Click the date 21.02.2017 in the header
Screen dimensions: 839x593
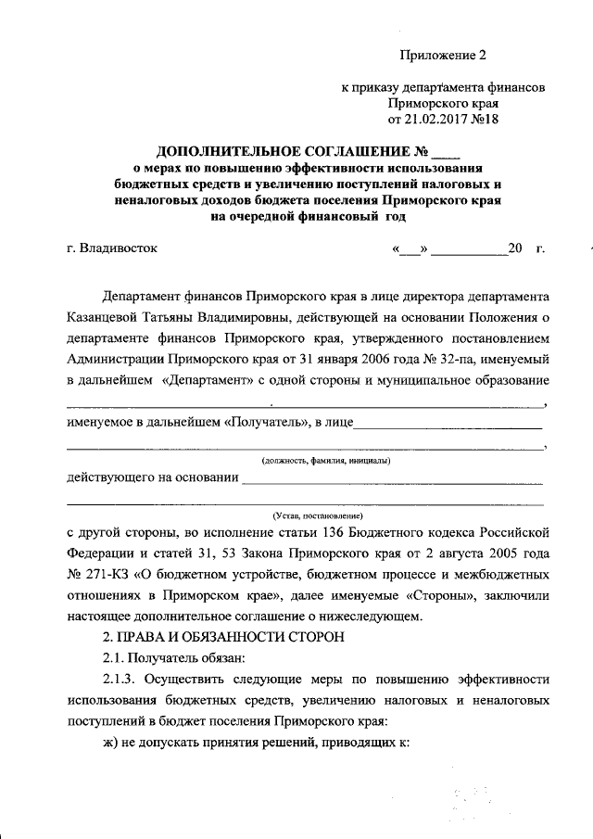(x=432, y=120)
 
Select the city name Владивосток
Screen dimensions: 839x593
(x=119, y=248)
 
